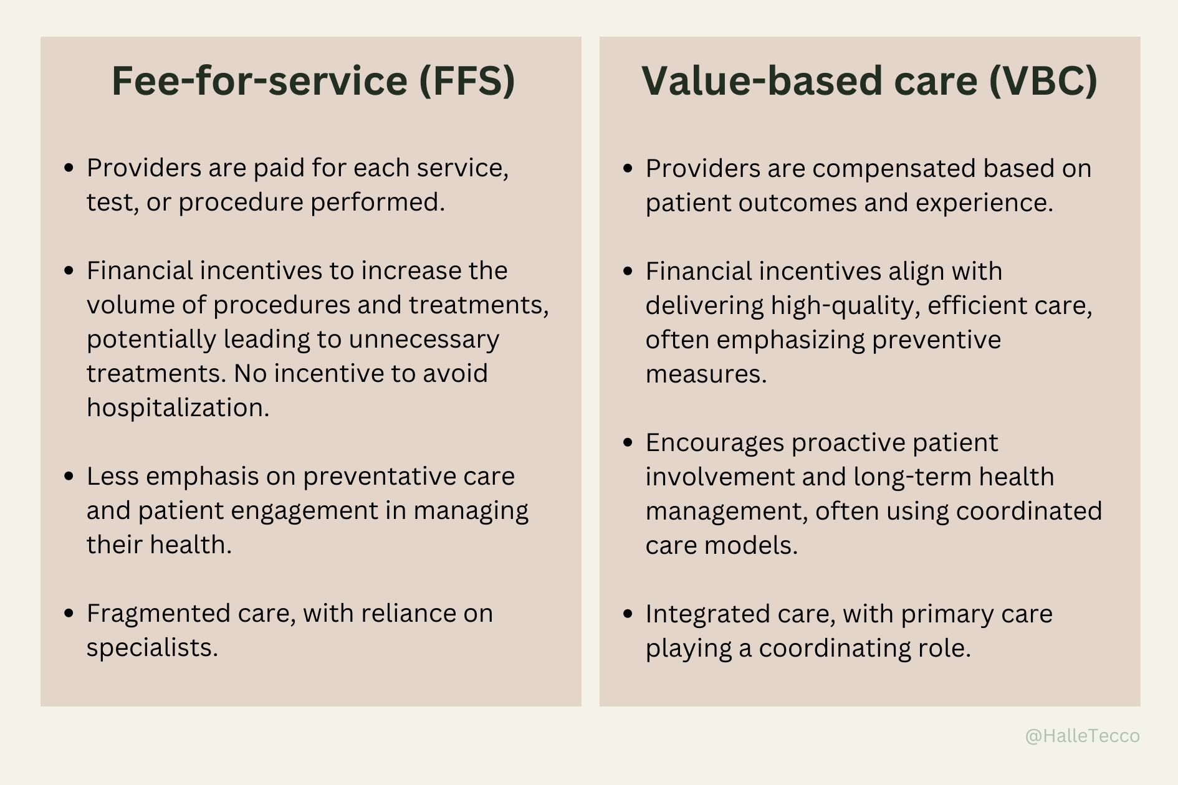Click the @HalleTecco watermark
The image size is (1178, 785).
(1082, 736)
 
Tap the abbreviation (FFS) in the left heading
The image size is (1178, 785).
(467, 81)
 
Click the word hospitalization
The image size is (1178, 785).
(178, 407)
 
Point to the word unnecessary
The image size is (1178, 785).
(424, 340)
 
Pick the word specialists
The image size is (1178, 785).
(152, 647)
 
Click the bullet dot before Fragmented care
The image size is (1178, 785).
(69, 614)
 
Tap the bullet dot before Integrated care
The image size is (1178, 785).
(628, 614)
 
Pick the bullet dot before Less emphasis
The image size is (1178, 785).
(69, 477)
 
